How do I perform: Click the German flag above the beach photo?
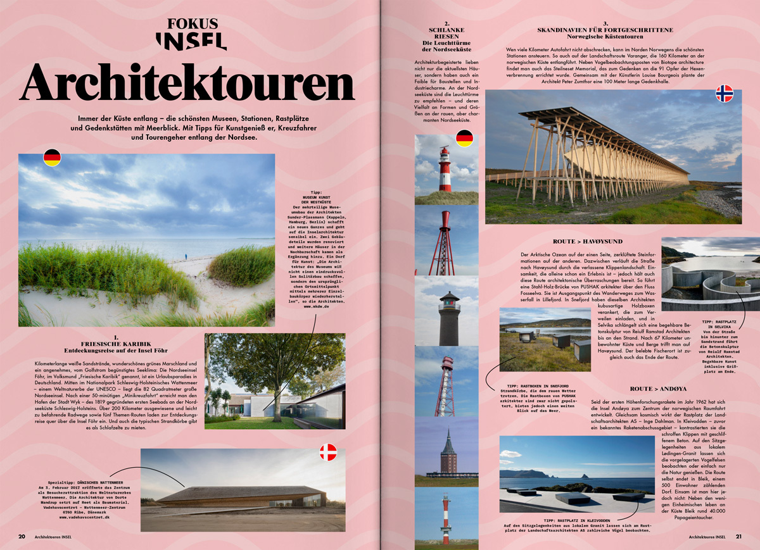click(x=52, y=158)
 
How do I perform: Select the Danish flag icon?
click(x=328, y=452)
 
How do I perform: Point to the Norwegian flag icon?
click(x=724, y=94)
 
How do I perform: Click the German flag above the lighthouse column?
click(x=464, y=137)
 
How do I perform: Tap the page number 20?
click(x=22, y=537)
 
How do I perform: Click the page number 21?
click(x=738, y=537)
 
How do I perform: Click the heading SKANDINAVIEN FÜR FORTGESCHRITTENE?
click(x=605, y=29)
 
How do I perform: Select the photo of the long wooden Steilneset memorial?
click(x=612, y=157)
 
